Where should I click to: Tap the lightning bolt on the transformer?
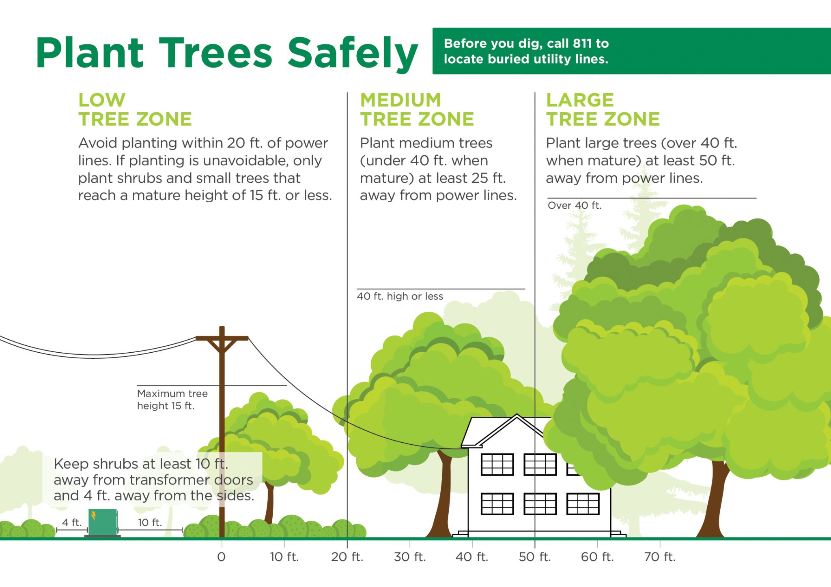(x=94, y=516)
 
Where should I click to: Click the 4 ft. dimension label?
(x=72, y=523)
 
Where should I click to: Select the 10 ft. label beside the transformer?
(x=150, y=523)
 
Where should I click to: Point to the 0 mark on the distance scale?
(x=221, y=557)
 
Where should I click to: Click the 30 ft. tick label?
(x=410, y=557)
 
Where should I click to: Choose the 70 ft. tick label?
(x=660, y=557)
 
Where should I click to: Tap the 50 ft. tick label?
(x=535, y=557)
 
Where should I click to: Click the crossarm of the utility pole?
(x=222, y=338)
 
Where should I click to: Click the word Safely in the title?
(x=352, y=53)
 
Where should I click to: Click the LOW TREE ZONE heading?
(x=135, y=109)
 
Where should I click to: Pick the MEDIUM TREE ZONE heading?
(x=417, y=109)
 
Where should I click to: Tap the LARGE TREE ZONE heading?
(x=603, y=109)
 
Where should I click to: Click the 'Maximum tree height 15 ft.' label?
(x=172, y=400)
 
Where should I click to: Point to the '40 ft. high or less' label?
(x=400, y=296)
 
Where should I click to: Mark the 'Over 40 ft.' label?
(x=574, y=206)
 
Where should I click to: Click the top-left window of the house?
(x=497, y=464)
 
